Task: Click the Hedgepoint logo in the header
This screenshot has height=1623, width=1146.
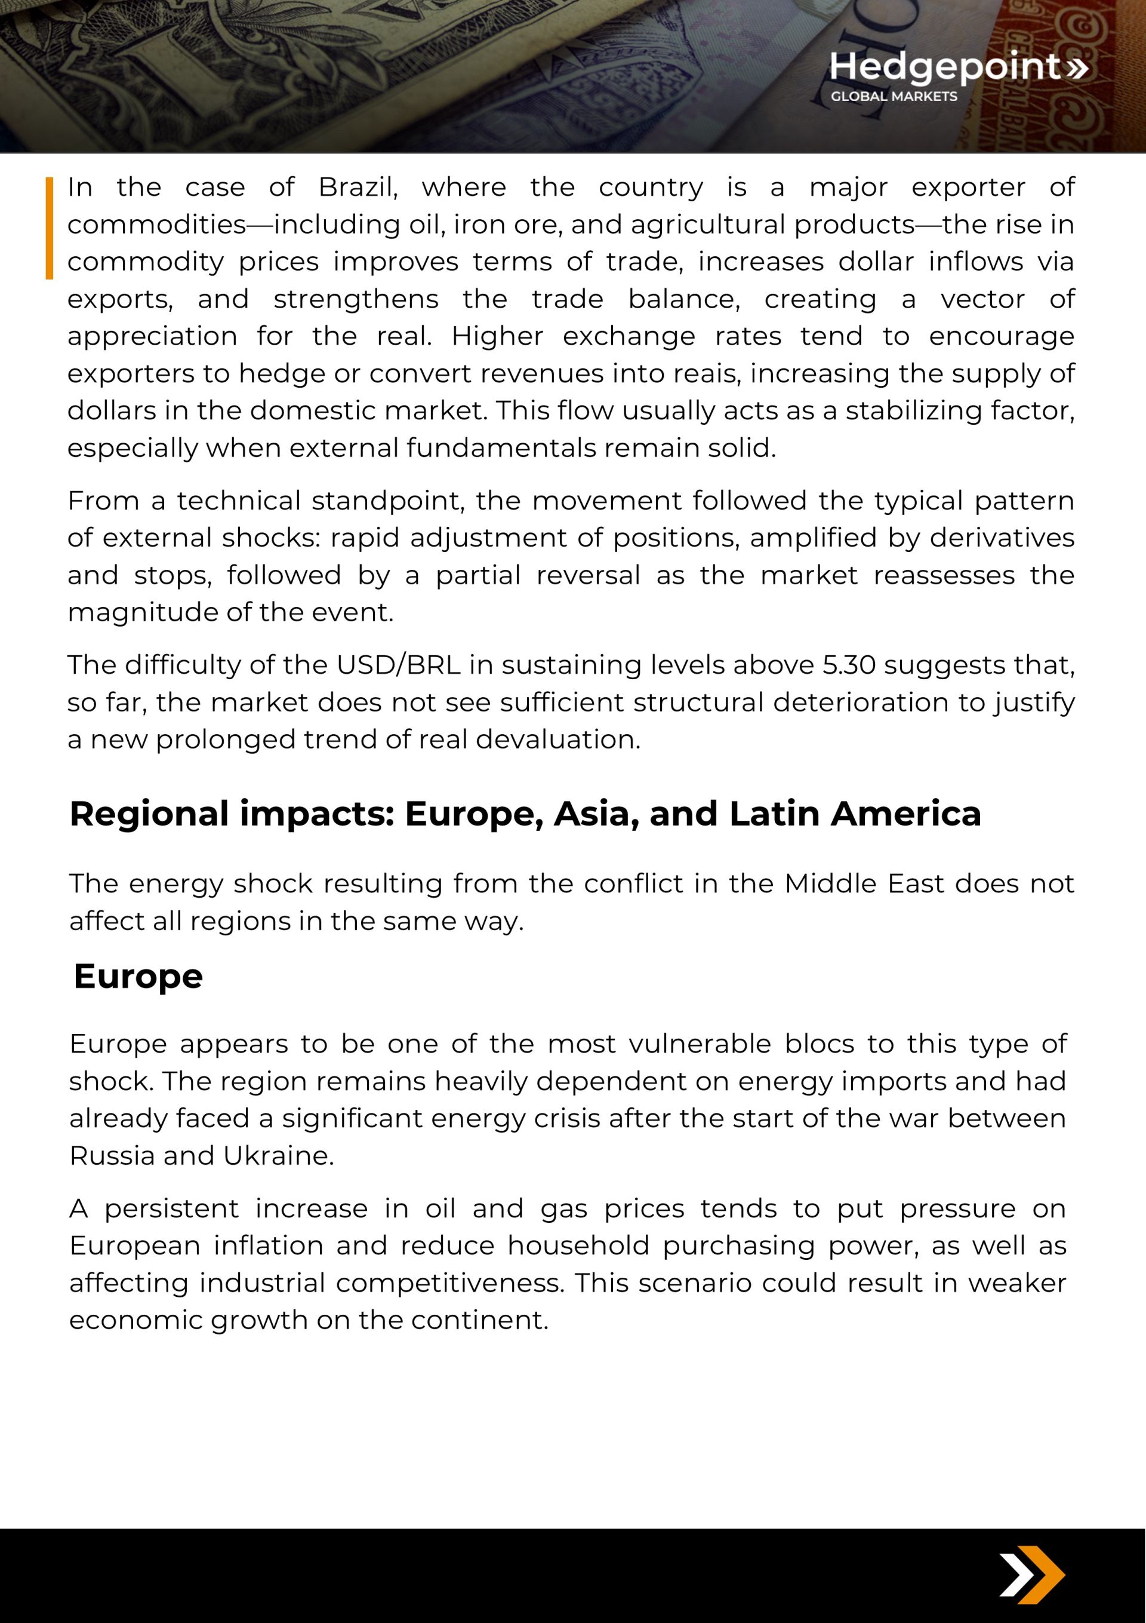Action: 957,67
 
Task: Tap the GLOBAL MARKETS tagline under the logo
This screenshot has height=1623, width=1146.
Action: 893,97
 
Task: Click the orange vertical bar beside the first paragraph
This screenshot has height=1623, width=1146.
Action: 50,228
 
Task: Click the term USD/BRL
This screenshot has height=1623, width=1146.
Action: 399,665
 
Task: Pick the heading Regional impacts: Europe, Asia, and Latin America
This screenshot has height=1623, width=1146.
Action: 525,814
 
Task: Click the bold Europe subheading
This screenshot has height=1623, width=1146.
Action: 138,977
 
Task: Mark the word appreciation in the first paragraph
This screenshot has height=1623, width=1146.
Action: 152,336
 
